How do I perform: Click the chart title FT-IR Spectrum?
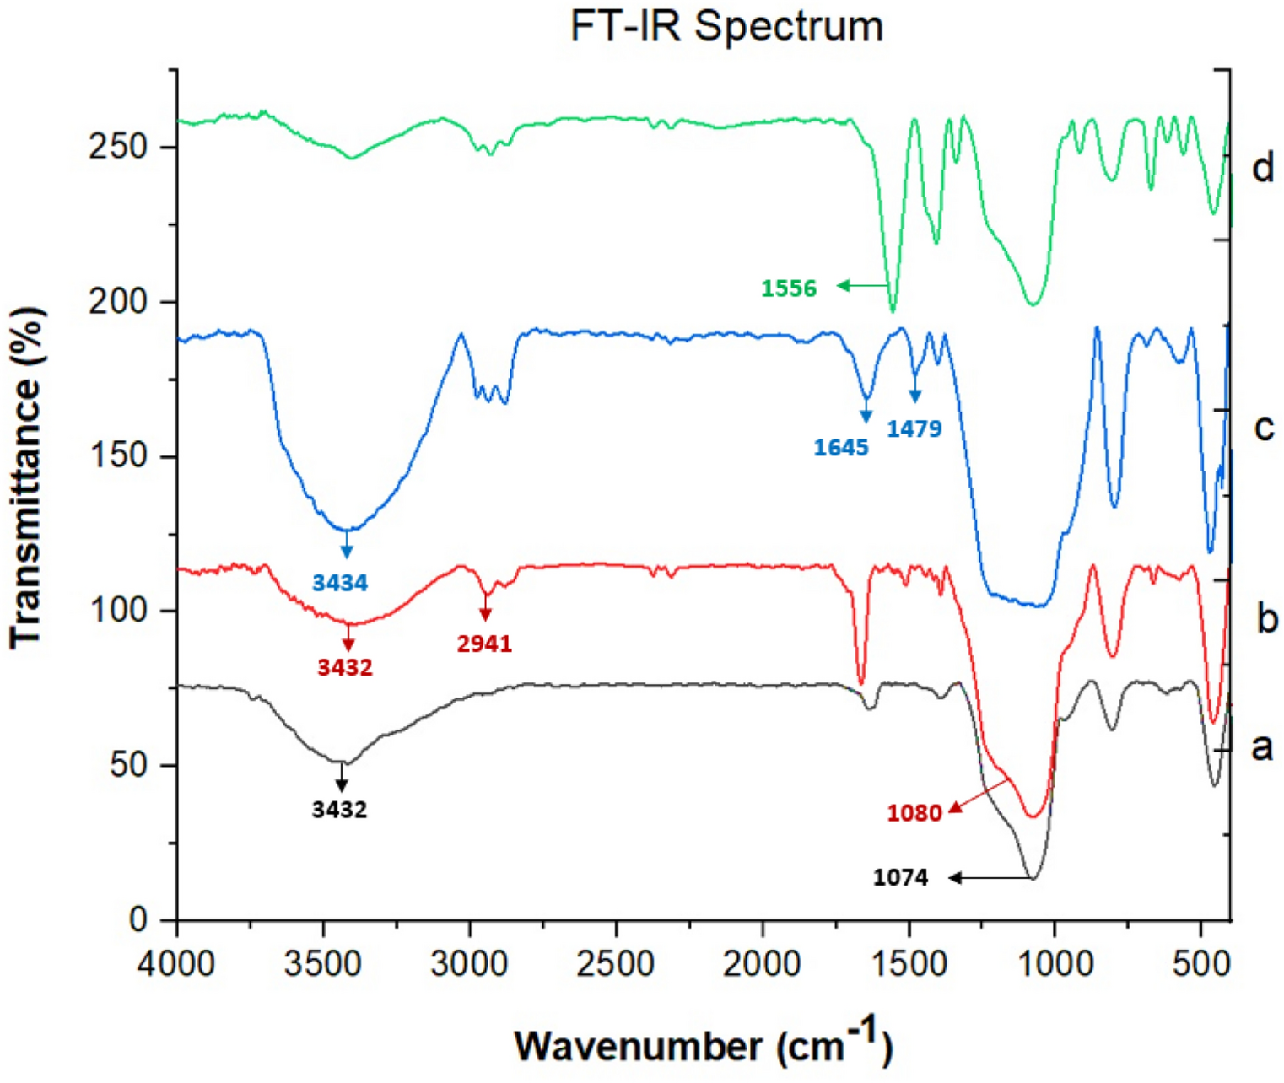tap(726, 27)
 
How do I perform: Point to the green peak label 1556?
tap(789, 288)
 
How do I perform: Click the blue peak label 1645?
tap(840, 447)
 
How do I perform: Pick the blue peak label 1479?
tap(914, 428)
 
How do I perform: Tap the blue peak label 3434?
tap(340, 582)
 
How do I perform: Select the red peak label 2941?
tap(484, 644)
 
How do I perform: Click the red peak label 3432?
tap(345, 667)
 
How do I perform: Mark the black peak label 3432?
tap(339, 810)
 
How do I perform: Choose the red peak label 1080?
tap(914, 813)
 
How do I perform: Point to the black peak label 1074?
tap(900, 878)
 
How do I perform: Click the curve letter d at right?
tap(1262, 168)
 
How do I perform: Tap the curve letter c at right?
tap(1263, 428)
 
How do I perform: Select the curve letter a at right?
tap(1261, 746)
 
